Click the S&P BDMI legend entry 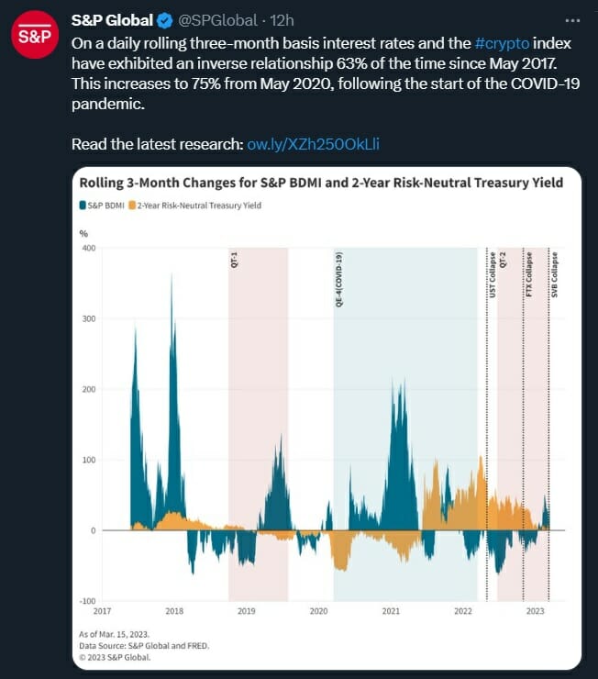[103, 206]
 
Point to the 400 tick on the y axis [89, 248]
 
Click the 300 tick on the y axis [89, 318]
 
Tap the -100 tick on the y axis [87, 601]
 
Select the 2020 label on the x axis [318, 610]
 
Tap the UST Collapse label [492, 273]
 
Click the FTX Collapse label [528, 273]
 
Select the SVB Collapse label [554, 273]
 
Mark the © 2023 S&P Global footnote [116, 656]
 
